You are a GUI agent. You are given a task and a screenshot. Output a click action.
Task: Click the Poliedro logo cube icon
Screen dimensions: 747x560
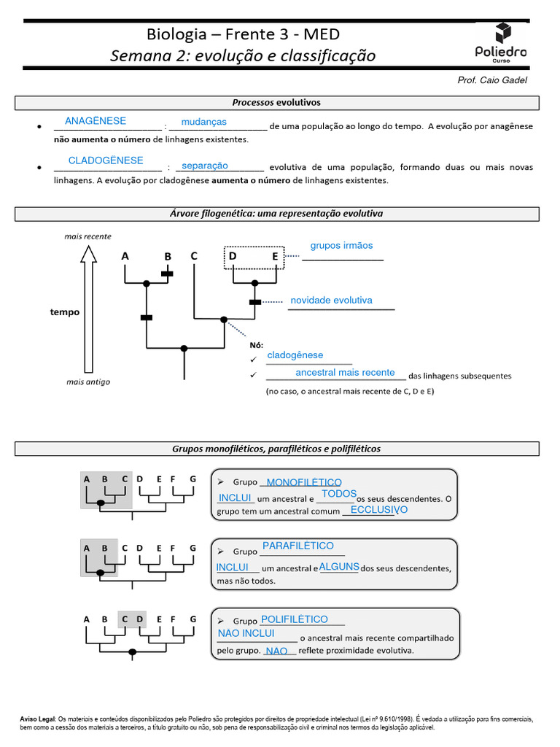(x=502, y=33)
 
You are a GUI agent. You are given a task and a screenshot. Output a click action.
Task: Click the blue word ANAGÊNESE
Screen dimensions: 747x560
(x=96, y=121)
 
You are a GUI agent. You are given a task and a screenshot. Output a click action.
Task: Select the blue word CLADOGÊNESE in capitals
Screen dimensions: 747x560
(x=106, y=160)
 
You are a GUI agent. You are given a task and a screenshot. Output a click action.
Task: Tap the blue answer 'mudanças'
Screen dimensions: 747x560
(x=204, y=122)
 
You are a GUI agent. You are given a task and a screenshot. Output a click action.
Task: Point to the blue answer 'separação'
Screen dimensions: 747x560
(x=205, y=166)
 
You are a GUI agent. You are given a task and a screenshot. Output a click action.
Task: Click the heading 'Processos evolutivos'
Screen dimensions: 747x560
(x=276, y=103)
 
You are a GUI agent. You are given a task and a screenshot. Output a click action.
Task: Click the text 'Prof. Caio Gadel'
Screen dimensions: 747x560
(x=491, y=80)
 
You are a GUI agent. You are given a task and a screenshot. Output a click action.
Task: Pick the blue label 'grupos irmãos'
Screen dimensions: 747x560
(x=341, y=246)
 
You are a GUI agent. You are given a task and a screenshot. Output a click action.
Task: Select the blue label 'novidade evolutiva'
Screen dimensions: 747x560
(x=331, y=301)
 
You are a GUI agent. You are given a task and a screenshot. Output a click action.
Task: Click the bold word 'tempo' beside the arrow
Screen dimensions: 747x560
(x=65, y=312)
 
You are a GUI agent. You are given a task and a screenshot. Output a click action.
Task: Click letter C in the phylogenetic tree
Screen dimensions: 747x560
(x=194, y=256)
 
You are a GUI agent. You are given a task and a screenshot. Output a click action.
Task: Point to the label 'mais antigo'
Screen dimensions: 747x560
(x=88, y=382)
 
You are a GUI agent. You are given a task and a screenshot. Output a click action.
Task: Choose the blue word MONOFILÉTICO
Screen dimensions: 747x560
(x=304, y=483)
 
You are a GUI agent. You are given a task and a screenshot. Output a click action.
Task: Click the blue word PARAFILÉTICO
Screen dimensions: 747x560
(x=297, y=546)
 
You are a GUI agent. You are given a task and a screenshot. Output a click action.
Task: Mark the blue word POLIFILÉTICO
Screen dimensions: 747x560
(x=294, y=619)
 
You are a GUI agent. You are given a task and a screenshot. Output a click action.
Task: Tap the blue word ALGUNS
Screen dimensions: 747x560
(x=339, y=567)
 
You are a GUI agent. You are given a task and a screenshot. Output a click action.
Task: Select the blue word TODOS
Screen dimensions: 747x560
(x=339, y=494)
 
